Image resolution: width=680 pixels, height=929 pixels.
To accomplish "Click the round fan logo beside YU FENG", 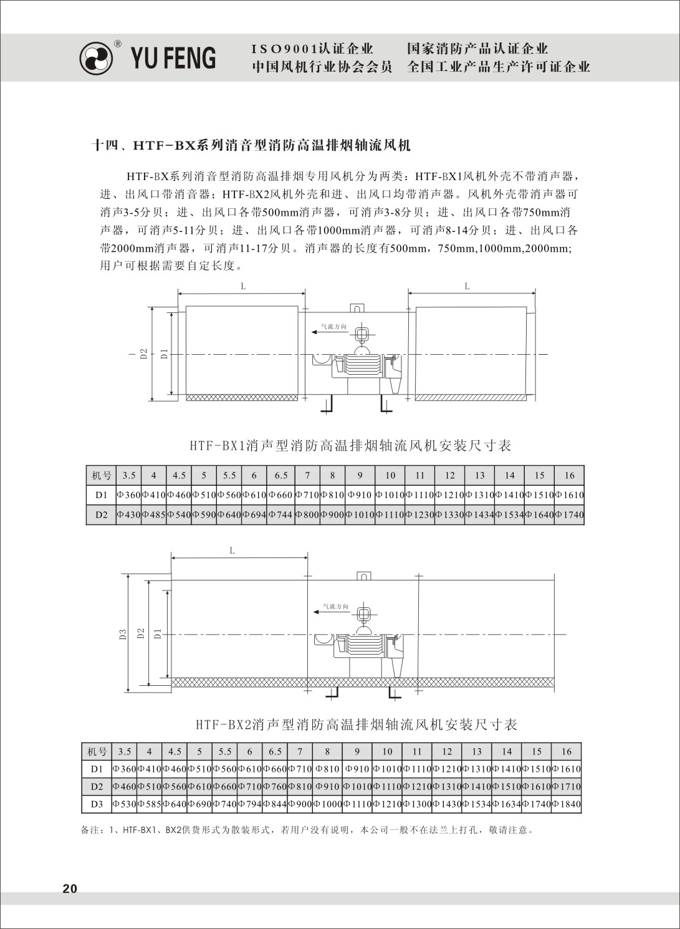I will pyautogui.click(x=97, y=58).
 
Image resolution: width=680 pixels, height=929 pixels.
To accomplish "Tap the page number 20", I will pyautogui.click(x=70, y=888).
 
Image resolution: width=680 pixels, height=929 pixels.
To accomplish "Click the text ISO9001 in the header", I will pyautogui.click(x=284, y=49).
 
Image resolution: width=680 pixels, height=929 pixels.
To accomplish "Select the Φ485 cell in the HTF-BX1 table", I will pyautogui.click(x=153, y=515).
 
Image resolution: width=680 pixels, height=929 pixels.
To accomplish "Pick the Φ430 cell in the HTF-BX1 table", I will pyautogui.click(x=128, y=515).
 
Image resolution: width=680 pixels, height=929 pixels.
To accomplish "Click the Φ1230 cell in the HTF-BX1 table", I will pyautogui.click(x=419, y=515).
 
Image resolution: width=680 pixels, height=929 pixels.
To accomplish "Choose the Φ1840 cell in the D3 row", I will pyautogui.click(x=567, y=804).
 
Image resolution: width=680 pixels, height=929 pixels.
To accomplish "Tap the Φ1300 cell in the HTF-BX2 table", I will pyautogui.click(x=417, y=804).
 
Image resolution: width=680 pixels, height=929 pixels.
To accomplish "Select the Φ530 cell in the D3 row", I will pyautogui.click(x=125, y=804).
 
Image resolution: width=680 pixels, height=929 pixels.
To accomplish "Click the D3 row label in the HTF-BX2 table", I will pyautogui.click(x=97, y=804).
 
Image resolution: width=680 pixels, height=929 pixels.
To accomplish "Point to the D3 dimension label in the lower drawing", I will pyautogui.click(x=123, y=635).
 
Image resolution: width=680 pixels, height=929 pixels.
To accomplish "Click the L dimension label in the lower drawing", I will pyautogui.click(x=232, y=551).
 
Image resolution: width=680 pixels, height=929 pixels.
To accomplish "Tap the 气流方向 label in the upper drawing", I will pyautogui.click(x=333, y=326).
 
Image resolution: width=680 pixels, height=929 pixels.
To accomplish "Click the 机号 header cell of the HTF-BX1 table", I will pyautogui.click(x=101, y=475).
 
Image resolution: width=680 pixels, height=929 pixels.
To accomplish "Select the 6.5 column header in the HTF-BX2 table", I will pyautogui.click(x=275, y=751).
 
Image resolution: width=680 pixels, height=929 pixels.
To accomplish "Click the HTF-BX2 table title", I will pyautogui.click(x=357, y=724).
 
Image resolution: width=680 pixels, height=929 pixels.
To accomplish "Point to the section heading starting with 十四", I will pyautogui.click(x=251, y=146).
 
